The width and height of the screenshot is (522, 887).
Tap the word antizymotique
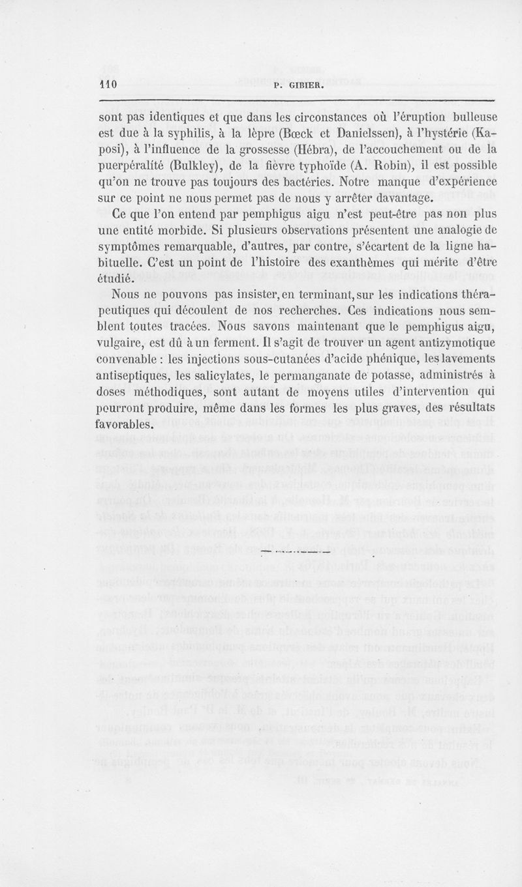[x=448, y=341]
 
